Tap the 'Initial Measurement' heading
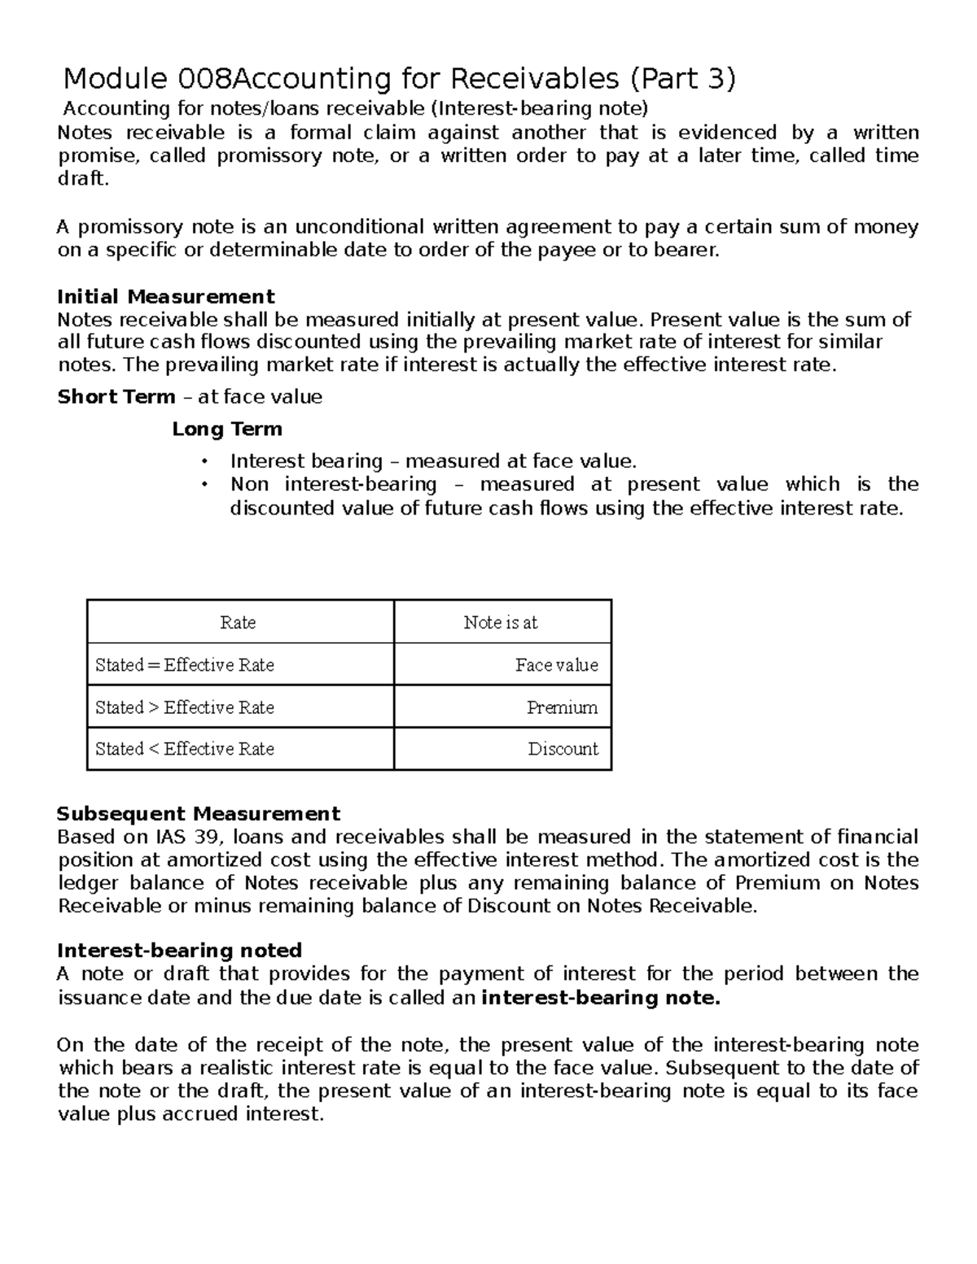165,296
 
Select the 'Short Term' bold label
116,397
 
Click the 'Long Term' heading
227,429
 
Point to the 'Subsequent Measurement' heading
198,814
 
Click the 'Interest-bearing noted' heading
179,951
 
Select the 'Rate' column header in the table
238,623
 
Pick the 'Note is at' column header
501,623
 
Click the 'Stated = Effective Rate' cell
185,665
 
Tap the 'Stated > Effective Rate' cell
185,707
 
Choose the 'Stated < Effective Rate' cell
185,749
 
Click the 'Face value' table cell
557,665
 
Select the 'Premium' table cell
562,707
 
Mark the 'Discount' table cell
563,749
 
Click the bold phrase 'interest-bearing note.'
601,998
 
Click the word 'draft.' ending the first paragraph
83,179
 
